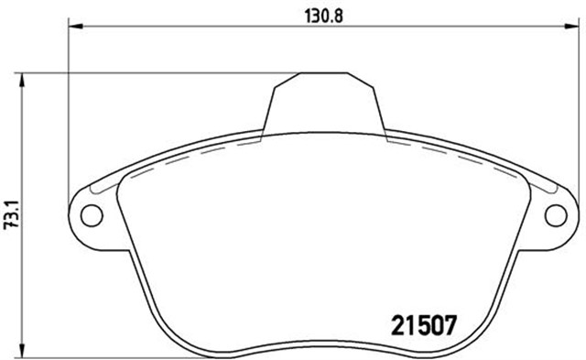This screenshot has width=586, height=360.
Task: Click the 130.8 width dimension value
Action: coord(323,16)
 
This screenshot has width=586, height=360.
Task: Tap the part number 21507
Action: coord(424,325)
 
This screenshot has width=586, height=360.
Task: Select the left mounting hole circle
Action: coord(92,215)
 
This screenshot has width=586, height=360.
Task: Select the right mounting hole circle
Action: coord(556,215)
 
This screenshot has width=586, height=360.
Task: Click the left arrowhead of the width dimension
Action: coord(75,27)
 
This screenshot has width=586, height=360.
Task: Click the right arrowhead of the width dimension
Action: coord(571,27)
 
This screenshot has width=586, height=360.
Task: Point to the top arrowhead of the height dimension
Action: coord(22,80)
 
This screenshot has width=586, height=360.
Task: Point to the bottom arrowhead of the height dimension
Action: coord(22,351)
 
